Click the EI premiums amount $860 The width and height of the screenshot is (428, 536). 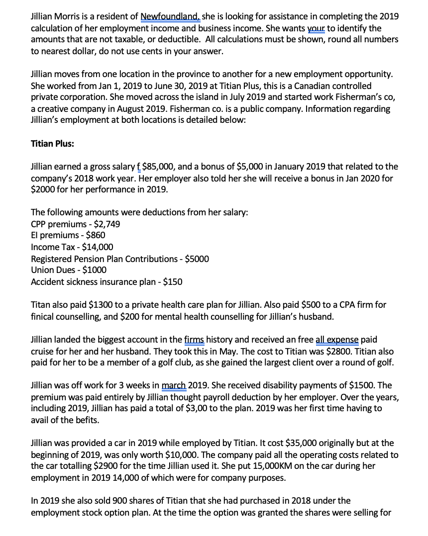tap(94, 235)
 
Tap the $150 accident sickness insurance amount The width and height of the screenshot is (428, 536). tap(172, 282)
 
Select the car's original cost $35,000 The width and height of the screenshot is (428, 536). tap(264, 443)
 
